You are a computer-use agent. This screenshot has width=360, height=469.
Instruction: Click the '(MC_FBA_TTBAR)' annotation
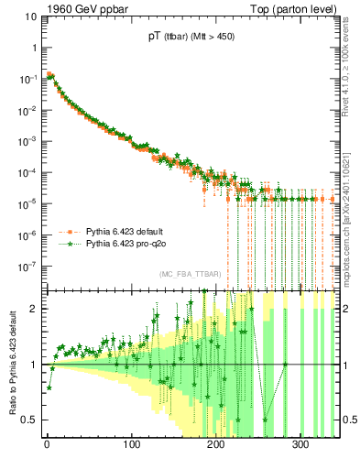[x=190, y=274]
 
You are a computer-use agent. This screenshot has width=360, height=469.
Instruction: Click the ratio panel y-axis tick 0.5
[x=30, y=420]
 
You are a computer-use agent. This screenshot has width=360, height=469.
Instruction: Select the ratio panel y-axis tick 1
[x=34, y=365]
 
